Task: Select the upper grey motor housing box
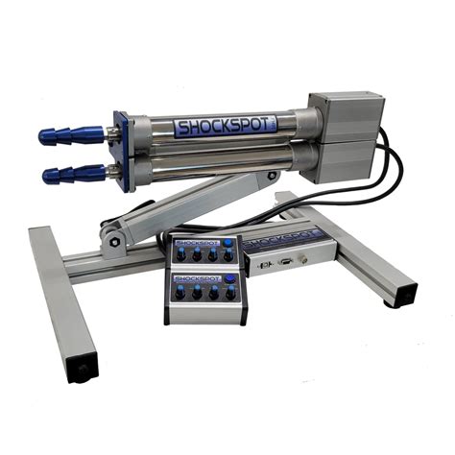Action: point(346,116)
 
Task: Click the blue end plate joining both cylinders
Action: point(122,152)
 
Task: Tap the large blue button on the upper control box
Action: point(227,245)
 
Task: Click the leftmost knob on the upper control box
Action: point(180,255)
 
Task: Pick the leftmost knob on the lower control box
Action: point(180,294)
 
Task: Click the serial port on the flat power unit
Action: point(286,260)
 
